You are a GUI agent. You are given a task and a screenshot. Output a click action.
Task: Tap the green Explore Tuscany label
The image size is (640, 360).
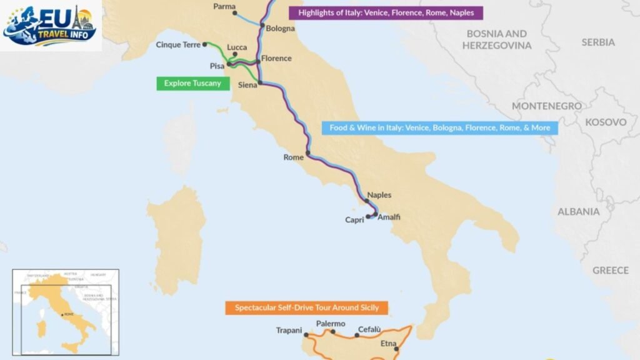coord(192,83)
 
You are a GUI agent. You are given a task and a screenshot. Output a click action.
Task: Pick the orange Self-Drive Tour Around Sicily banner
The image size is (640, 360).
coord(306,308)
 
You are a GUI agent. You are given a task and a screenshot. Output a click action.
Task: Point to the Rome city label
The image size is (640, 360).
coord(293,157)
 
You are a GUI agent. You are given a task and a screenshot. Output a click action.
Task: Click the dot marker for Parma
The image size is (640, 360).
coord(234,13)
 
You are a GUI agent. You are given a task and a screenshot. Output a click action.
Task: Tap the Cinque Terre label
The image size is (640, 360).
coord(179,45)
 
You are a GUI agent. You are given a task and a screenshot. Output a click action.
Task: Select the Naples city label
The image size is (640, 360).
coord(379,195)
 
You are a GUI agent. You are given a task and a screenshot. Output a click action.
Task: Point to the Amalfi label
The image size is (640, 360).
coord(389,217)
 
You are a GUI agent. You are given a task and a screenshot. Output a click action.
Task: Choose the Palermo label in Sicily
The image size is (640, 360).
coord(331,324)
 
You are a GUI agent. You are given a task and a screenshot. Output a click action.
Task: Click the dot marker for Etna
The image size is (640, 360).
coord(396,349)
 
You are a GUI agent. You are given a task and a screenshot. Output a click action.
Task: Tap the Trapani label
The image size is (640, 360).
coord(289,331)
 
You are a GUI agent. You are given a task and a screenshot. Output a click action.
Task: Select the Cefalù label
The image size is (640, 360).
coord(369,329)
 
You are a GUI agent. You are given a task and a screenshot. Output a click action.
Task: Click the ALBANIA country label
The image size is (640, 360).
coord(579,212)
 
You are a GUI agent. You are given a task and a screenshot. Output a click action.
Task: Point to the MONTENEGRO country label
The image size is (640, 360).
coord(547,106)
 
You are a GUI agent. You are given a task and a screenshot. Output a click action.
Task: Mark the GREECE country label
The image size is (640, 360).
coord(611,271)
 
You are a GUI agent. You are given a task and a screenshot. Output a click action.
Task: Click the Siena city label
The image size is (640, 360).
coord(248,86)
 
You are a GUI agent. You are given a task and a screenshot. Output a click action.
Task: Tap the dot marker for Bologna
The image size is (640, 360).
coord(263,26)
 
